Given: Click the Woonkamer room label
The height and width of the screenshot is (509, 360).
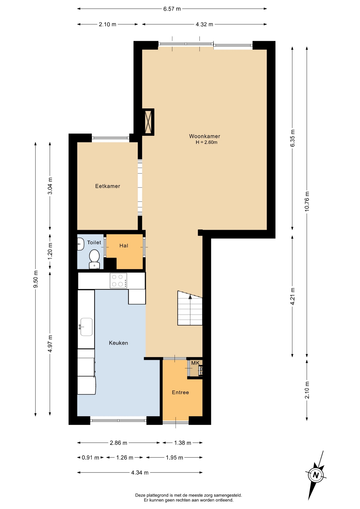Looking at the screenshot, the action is pyautogui.click(x=204, y=136).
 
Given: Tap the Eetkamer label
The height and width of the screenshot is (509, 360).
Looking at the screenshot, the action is pyautogui.click(x=108, y=186).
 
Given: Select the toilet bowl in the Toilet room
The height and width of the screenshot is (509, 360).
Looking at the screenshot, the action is pyautogui.click(x=94, y=259).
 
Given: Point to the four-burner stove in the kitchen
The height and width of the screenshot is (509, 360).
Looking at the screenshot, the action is pyautogui.click(x=118, y=280).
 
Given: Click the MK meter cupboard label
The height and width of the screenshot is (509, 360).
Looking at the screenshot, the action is pyautogui.click(x=195, y=363).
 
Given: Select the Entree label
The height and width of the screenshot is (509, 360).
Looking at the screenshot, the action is pyautogui.click(x=180, y=392).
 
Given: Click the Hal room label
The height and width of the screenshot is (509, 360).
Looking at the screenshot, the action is pyautogui.click(x=124, y=246).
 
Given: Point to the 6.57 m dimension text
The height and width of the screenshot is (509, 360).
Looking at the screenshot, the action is pyautogui.click(x=172, y=9).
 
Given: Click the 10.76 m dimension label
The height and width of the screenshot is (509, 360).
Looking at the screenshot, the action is pyautogui.click(x=307, y=201).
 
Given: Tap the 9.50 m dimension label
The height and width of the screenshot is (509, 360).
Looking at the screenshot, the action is pyautogui.click(x=36, y=279).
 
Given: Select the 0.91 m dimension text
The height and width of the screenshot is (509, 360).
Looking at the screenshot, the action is pyautogui.click(x=90, y=458).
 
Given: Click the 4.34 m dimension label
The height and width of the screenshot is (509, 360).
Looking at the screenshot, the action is pyautogui.click(x=140, y=472).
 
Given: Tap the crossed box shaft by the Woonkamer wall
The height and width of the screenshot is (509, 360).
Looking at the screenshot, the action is pyautogui.click(x=148, y=122).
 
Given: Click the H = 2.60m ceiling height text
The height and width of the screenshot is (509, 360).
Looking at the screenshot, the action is pyautogui.click(x=207, y=142).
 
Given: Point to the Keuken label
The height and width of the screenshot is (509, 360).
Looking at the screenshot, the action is pyautogui.click(x=118, y=343).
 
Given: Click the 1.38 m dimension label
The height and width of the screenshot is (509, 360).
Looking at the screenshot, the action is pyautogui.click(x=183, y=443).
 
